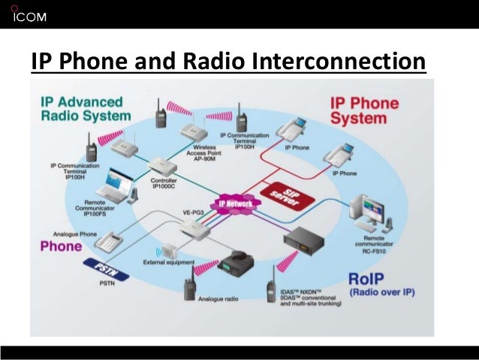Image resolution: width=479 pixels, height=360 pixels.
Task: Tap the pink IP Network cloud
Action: pyautogui.click(x=235, y=203)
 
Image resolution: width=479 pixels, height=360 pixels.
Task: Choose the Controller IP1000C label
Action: pyautogui.click(x=164, y=184)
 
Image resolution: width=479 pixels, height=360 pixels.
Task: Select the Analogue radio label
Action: pyautogui.click(x=218, y=299)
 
